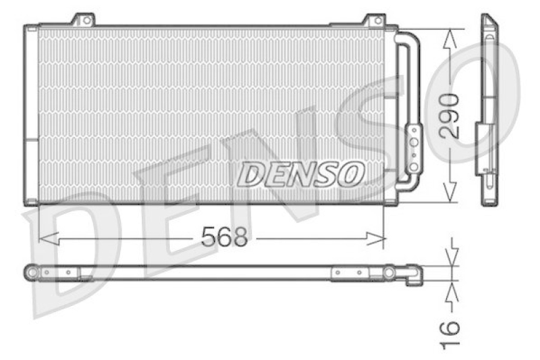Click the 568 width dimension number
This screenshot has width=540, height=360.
pyautogui.click(x=226, y=236)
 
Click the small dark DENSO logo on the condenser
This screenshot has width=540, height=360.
pyautogui.click(x=300, y=174)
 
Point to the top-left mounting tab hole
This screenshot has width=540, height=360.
pyautogui.click(x=85, y=20)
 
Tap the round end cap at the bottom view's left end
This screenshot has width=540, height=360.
pyautogui.click(x=31, y=272)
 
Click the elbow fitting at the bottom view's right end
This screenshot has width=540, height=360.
pyautogui.click(x=413, y=275)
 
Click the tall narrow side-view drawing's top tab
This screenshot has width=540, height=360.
pyautogui.click(x=487, y=20)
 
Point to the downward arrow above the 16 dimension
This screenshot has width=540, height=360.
pyautogui.click(x=451, y=255)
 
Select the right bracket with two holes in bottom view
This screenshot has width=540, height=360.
pyautogui.click(x=350, y=272)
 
